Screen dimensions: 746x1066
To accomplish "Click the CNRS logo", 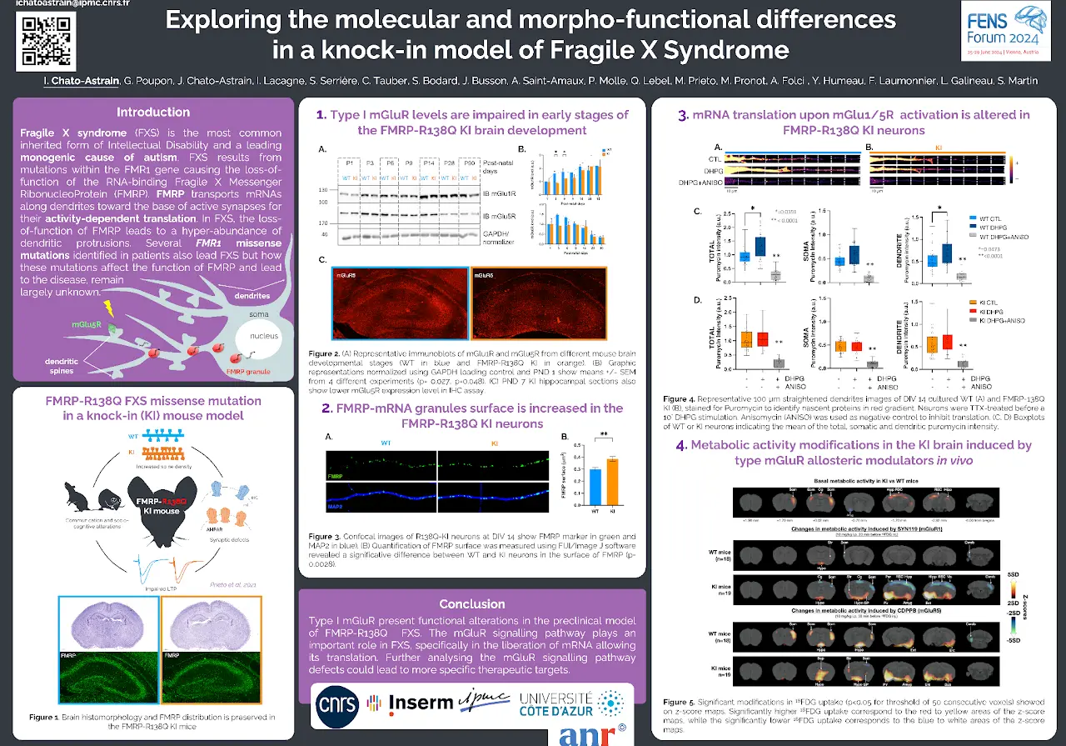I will click(337, 705).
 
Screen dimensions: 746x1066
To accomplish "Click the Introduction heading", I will click(153, 113).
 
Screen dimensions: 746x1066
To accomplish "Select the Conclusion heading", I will click(472, 603).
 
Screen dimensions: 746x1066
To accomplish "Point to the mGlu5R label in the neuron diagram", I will click(87, 324).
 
